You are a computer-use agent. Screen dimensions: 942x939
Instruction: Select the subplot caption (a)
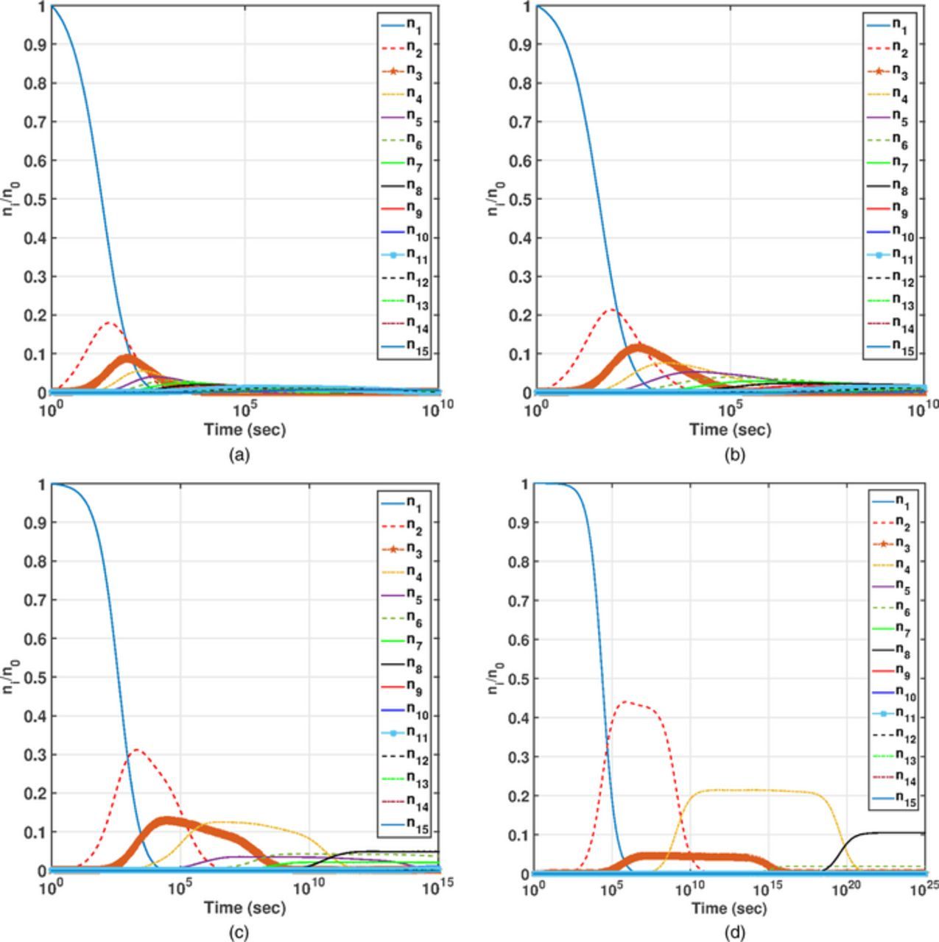pyautogui.click(x=239, y=456)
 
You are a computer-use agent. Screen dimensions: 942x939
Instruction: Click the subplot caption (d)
pyautogui.click(x=734, y=933)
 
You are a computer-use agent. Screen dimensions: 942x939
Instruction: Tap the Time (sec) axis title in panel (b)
pyautogui.click(x=730, y=430)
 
